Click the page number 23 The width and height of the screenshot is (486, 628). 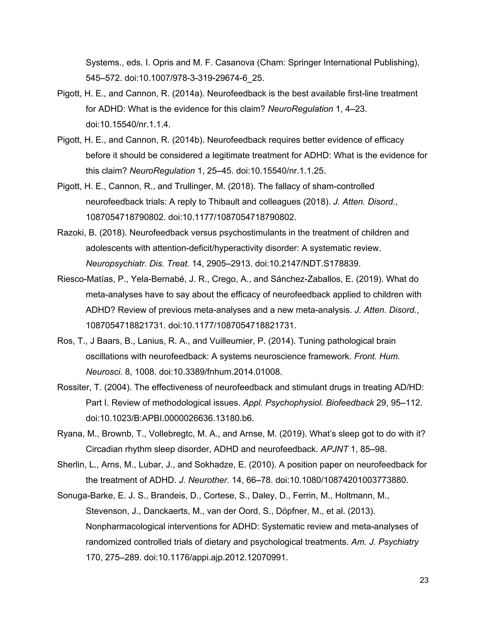(424, 580)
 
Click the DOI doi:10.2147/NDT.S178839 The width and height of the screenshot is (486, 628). (308, 263)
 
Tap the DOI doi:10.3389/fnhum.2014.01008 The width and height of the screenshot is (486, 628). (220, 372)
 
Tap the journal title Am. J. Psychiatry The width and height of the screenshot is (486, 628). (385, 542)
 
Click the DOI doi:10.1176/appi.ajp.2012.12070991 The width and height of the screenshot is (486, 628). (216, 558)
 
